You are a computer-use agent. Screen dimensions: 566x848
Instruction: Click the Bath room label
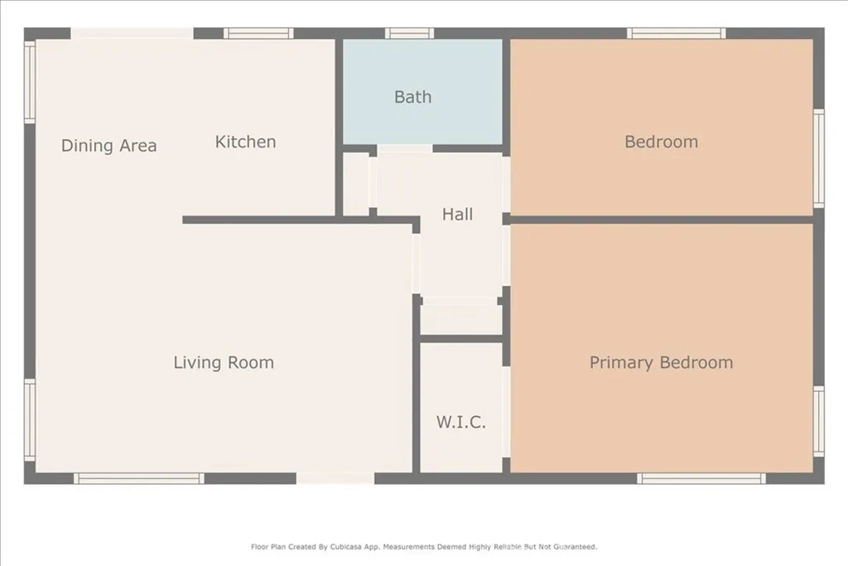(412, 97)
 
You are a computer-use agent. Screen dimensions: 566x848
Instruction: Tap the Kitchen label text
(245, 142)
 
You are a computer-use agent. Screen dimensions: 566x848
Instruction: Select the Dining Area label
(108, 146)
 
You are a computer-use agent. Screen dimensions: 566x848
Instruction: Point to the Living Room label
(224, 362)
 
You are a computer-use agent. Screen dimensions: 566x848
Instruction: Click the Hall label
(457, 215)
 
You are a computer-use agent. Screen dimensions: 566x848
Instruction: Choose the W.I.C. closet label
(461, 422)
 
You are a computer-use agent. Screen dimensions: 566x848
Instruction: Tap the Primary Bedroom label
(661, 362)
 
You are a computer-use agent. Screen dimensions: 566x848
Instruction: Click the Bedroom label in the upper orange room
(661, 142)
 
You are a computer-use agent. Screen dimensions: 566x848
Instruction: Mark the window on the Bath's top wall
(409, 34)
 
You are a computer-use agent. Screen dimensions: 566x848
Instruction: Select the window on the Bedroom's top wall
(677, 34)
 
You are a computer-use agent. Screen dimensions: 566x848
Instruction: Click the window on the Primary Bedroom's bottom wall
(701, 478)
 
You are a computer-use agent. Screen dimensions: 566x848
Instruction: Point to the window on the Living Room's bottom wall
(139, 478)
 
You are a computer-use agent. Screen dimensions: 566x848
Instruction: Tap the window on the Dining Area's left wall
(30, 82)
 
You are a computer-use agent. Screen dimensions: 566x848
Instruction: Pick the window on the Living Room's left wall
(30, 419)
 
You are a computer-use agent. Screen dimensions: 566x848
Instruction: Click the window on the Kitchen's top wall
(258, 34)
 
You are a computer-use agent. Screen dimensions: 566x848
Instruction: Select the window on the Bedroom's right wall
(818, 157)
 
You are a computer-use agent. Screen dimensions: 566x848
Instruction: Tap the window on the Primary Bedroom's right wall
(818, 420)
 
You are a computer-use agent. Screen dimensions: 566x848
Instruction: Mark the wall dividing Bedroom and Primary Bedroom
(661, 220)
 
